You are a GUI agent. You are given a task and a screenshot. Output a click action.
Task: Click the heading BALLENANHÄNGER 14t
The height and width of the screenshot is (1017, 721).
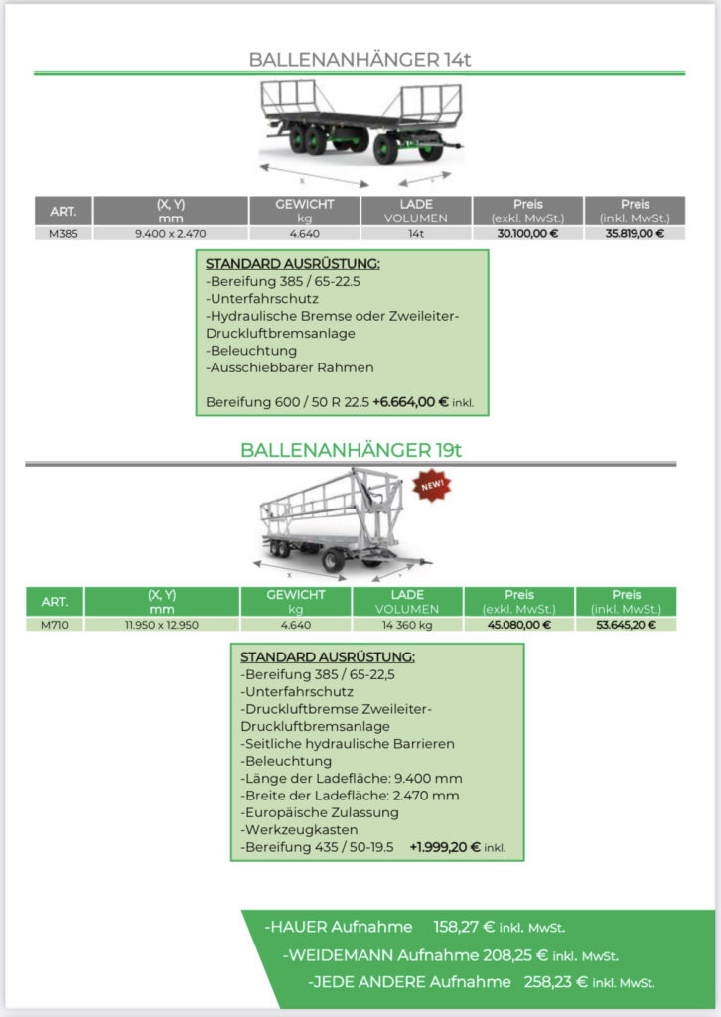(360, 59)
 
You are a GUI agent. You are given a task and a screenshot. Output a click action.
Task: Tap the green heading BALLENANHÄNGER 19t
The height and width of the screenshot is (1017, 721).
(351, 450)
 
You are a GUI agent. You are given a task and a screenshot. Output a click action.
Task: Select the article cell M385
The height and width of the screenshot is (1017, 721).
(64, 234)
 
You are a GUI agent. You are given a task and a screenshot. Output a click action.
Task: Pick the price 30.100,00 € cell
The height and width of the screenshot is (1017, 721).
(527, 234)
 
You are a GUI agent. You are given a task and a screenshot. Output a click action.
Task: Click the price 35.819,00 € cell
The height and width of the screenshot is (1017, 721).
(635, 234)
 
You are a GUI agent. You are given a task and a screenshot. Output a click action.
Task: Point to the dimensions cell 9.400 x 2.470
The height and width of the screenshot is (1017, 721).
(171, 234)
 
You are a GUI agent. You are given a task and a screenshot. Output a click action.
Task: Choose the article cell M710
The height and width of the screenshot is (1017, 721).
(55, 625)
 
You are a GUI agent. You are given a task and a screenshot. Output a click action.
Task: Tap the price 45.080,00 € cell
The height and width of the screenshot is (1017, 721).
(518, 625)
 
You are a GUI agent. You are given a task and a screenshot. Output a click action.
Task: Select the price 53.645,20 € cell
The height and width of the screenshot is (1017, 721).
(626, 625)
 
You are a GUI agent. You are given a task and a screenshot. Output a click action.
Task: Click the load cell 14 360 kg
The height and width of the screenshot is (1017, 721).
(407, 625)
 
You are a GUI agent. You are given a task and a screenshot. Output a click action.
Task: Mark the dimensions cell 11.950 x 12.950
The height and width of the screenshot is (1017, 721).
(162, 625)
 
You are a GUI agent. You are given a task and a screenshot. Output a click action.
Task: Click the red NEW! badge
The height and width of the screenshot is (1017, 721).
(432, 485)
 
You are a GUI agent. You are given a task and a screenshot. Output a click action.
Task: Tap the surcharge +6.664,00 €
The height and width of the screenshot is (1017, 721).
(410, 402)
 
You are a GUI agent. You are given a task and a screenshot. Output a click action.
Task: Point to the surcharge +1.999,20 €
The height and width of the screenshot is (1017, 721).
(445, 847)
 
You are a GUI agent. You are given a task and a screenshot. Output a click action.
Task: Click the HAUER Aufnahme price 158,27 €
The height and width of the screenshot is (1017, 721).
(464, 927)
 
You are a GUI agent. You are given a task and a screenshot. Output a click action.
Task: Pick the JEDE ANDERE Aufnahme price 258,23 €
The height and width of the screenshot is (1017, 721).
(556, 982)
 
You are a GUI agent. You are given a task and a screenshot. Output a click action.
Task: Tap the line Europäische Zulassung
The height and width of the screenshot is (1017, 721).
(320, 812)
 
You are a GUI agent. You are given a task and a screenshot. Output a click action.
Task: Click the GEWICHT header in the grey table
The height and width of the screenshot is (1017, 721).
(304, 204)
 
